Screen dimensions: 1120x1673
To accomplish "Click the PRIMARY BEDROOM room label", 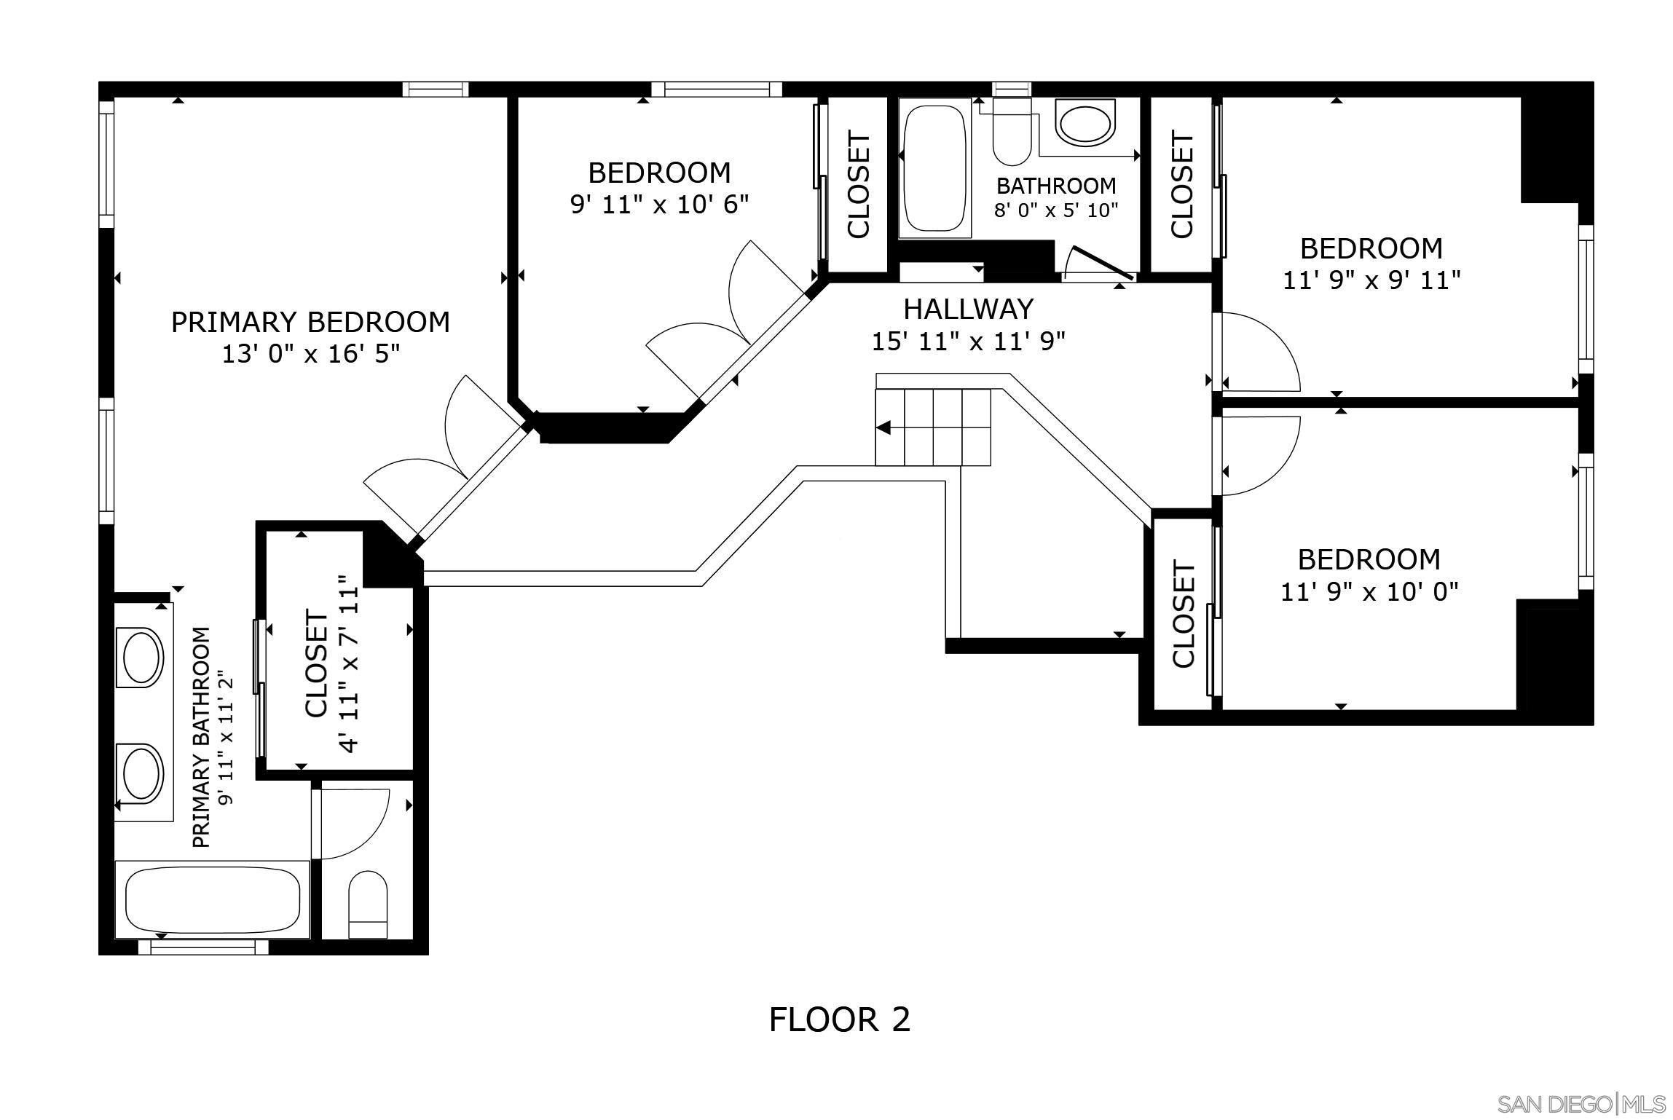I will [x=310, y=322].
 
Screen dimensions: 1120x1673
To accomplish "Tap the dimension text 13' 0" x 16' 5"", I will [x=310, y=355].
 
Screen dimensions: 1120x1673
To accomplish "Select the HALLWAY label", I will [x=968, y=309].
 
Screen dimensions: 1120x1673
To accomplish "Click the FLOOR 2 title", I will [x=839, y=1020].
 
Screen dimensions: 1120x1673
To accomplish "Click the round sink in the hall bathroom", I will [x=1085, y=124].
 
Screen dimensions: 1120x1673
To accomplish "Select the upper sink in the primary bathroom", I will [x=143, y=656].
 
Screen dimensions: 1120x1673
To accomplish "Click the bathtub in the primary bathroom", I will [x=213, y=900].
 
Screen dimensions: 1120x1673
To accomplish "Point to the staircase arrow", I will [x=884, y=427].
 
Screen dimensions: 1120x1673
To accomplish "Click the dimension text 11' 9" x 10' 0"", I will [x=1369, y=592].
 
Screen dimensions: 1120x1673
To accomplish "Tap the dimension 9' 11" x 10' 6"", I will [x=659, y=205].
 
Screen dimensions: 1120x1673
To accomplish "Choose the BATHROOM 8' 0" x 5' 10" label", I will [x=1056, y=197].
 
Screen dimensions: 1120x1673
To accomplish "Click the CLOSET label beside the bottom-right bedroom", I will [x=1184, y=615].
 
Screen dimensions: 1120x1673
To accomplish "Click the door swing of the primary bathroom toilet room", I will [x=355, y=823].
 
